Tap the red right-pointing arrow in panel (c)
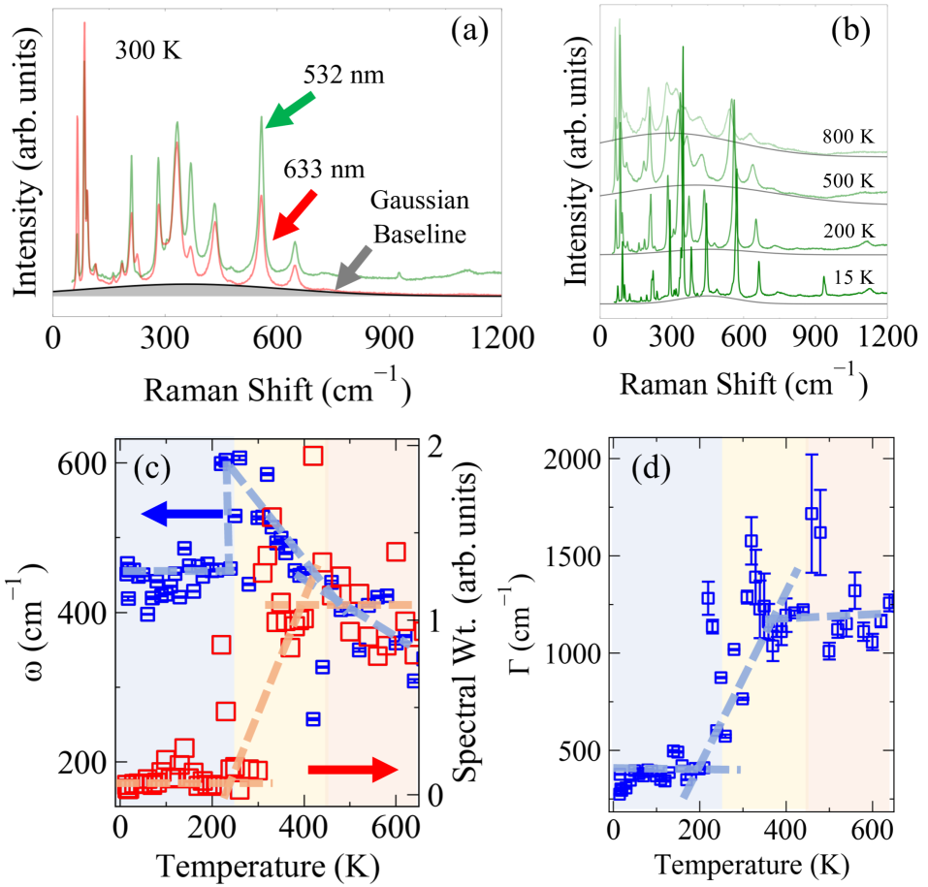coord(352,770)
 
